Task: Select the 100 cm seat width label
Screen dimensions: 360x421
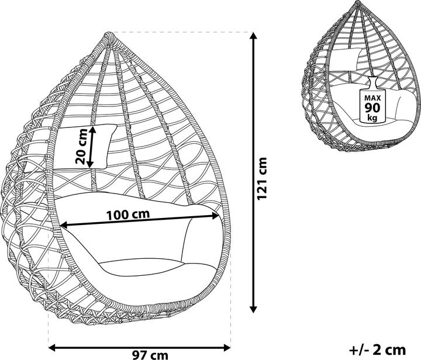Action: (127, 213)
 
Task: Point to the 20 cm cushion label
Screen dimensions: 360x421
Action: (82, 146)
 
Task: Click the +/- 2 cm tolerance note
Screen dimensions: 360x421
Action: (377, 349)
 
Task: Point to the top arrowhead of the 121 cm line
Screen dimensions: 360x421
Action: (253, 36)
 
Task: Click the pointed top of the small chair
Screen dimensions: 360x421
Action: (357, 4)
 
